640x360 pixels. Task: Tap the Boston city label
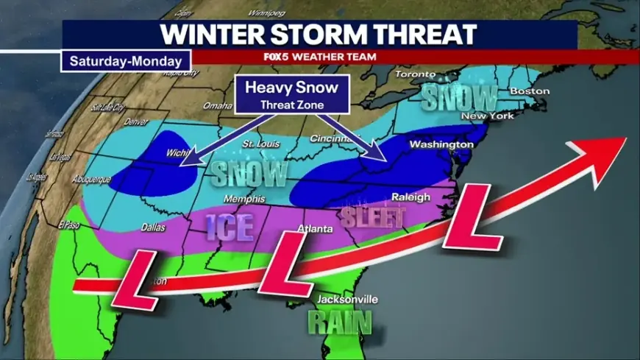[530, 91]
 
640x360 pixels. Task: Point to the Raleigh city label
[410, 197]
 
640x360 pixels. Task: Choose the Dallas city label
[153, 228]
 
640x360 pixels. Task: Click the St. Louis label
[258, 142]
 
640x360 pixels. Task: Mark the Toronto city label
[416, 74]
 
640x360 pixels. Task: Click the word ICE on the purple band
[230, 227]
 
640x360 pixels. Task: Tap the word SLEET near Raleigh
[373, 217]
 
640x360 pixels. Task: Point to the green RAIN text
[339, 322]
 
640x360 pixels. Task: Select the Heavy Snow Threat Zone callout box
[291, 94]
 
